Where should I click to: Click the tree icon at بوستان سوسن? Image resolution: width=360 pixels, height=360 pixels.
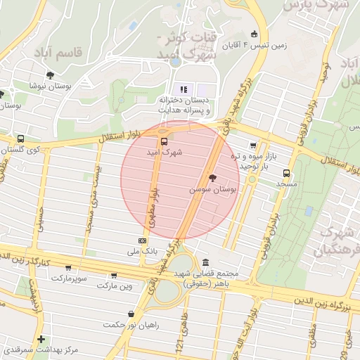[213, 177]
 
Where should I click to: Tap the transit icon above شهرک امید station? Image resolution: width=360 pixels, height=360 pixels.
[164, 140]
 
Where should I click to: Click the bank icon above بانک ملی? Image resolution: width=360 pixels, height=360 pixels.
[143, 240]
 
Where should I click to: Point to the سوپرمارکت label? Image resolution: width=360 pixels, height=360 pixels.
[68, 278]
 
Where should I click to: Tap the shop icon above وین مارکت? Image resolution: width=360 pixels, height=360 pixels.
[114, 276]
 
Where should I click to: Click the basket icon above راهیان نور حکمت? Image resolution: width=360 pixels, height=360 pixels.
[131, 314]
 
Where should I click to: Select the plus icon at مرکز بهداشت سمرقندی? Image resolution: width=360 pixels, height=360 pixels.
[41, 339]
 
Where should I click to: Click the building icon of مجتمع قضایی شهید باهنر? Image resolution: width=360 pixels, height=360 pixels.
[205, 262]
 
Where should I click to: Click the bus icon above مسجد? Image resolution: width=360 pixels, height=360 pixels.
[286, 173]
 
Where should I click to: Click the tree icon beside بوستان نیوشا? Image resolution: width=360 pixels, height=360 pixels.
[50, 75]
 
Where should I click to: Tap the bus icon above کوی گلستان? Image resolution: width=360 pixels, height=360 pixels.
[20, 139]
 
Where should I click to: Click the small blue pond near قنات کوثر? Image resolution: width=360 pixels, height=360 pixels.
[174, 62]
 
